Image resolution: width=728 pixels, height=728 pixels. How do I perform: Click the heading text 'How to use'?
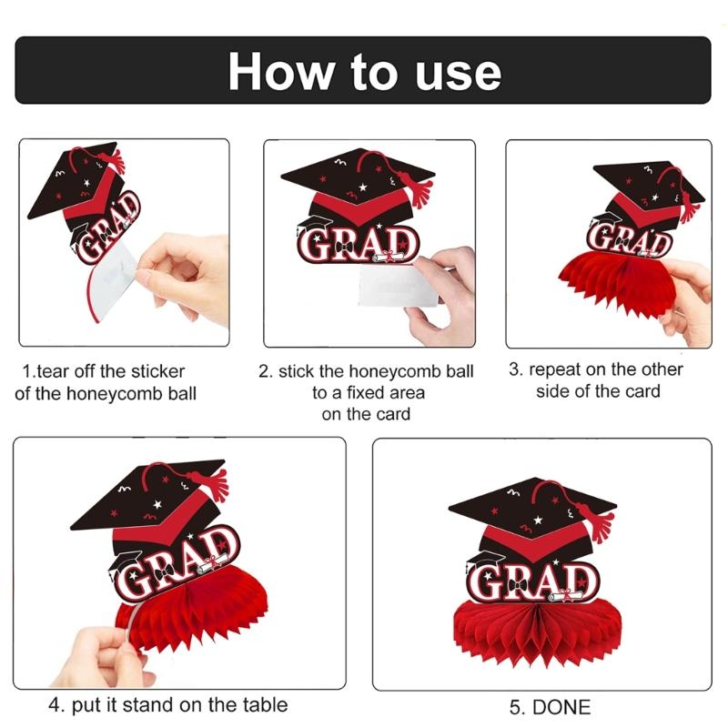coord(364,70)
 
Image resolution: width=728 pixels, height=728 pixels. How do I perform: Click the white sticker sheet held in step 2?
coord(400,287)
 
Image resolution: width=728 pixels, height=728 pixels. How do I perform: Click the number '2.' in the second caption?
coord(265,371)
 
